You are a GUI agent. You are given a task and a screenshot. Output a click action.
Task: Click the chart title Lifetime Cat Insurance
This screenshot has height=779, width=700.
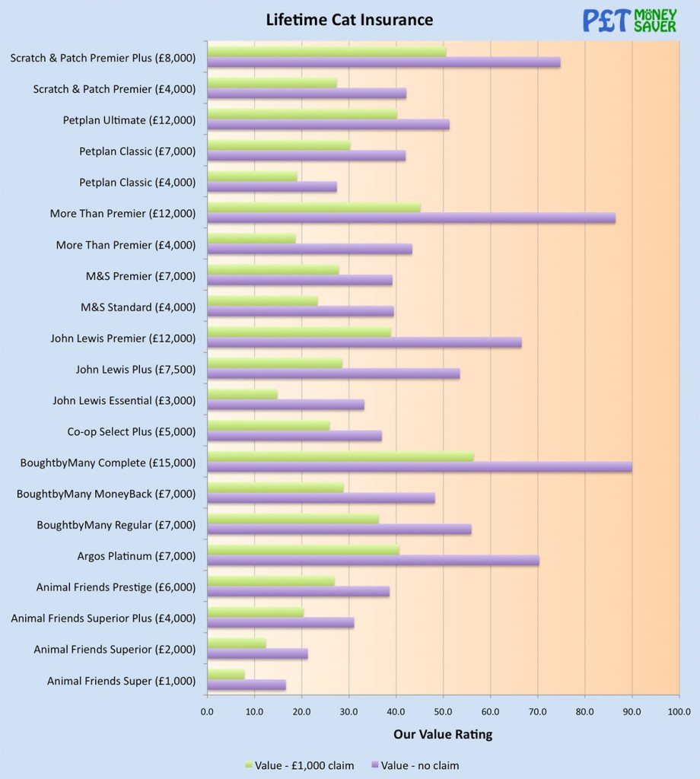[x=349, y=20]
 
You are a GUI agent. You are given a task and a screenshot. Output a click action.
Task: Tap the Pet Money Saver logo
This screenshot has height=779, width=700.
[x=629, y=21]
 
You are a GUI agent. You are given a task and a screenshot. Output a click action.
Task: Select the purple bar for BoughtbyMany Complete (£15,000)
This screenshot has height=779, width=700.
[x=419, y=467]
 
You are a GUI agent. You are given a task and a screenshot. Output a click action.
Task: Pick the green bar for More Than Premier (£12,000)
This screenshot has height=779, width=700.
[x=313, y=208]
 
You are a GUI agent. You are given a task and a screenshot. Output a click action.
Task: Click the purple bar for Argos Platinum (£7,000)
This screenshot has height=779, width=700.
[x=373, y=561]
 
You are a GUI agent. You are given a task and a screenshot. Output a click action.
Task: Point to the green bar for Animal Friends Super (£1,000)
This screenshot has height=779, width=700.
[x=226, y=675]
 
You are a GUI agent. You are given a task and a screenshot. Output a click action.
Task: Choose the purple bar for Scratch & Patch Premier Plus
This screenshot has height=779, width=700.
[x=383, y=62]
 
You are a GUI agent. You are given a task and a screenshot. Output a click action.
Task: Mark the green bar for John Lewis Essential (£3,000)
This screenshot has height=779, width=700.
[x=242, y=394]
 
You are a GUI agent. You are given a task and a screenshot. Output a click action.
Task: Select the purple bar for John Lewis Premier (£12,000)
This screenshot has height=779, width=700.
[x=364, y=342]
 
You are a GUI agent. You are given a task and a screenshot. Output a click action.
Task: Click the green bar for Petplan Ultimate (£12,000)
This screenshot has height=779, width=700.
[x=302, y=114]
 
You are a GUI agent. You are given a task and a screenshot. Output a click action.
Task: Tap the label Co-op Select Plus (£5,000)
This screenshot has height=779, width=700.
[x=131, y=431]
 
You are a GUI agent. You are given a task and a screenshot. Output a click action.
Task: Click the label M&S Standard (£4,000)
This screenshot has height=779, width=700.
[x=138, y=307]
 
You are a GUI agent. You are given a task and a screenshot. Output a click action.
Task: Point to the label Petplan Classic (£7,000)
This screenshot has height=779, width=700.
[x=137, y=151]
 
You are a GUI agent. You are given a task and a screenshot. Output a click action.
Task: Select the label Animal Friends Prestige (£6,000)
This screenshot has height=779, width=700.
[x=116, y=587]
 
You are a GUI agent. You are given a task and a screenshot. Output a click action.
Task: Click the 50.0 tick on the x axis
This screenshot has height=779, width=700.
[x=443, y=712]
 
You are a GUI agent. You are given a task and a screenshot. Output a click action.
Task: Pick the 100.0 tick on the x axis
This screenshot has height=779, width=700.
[x=679, y=712]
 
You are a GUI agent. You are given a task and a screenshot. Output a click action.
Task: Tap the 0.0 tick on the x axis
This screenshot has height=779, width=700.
[x=207, y=712]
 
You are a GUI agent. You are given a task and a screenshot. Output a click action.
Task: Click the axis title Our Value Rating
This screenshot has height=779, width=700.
[x=443, y=734]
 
